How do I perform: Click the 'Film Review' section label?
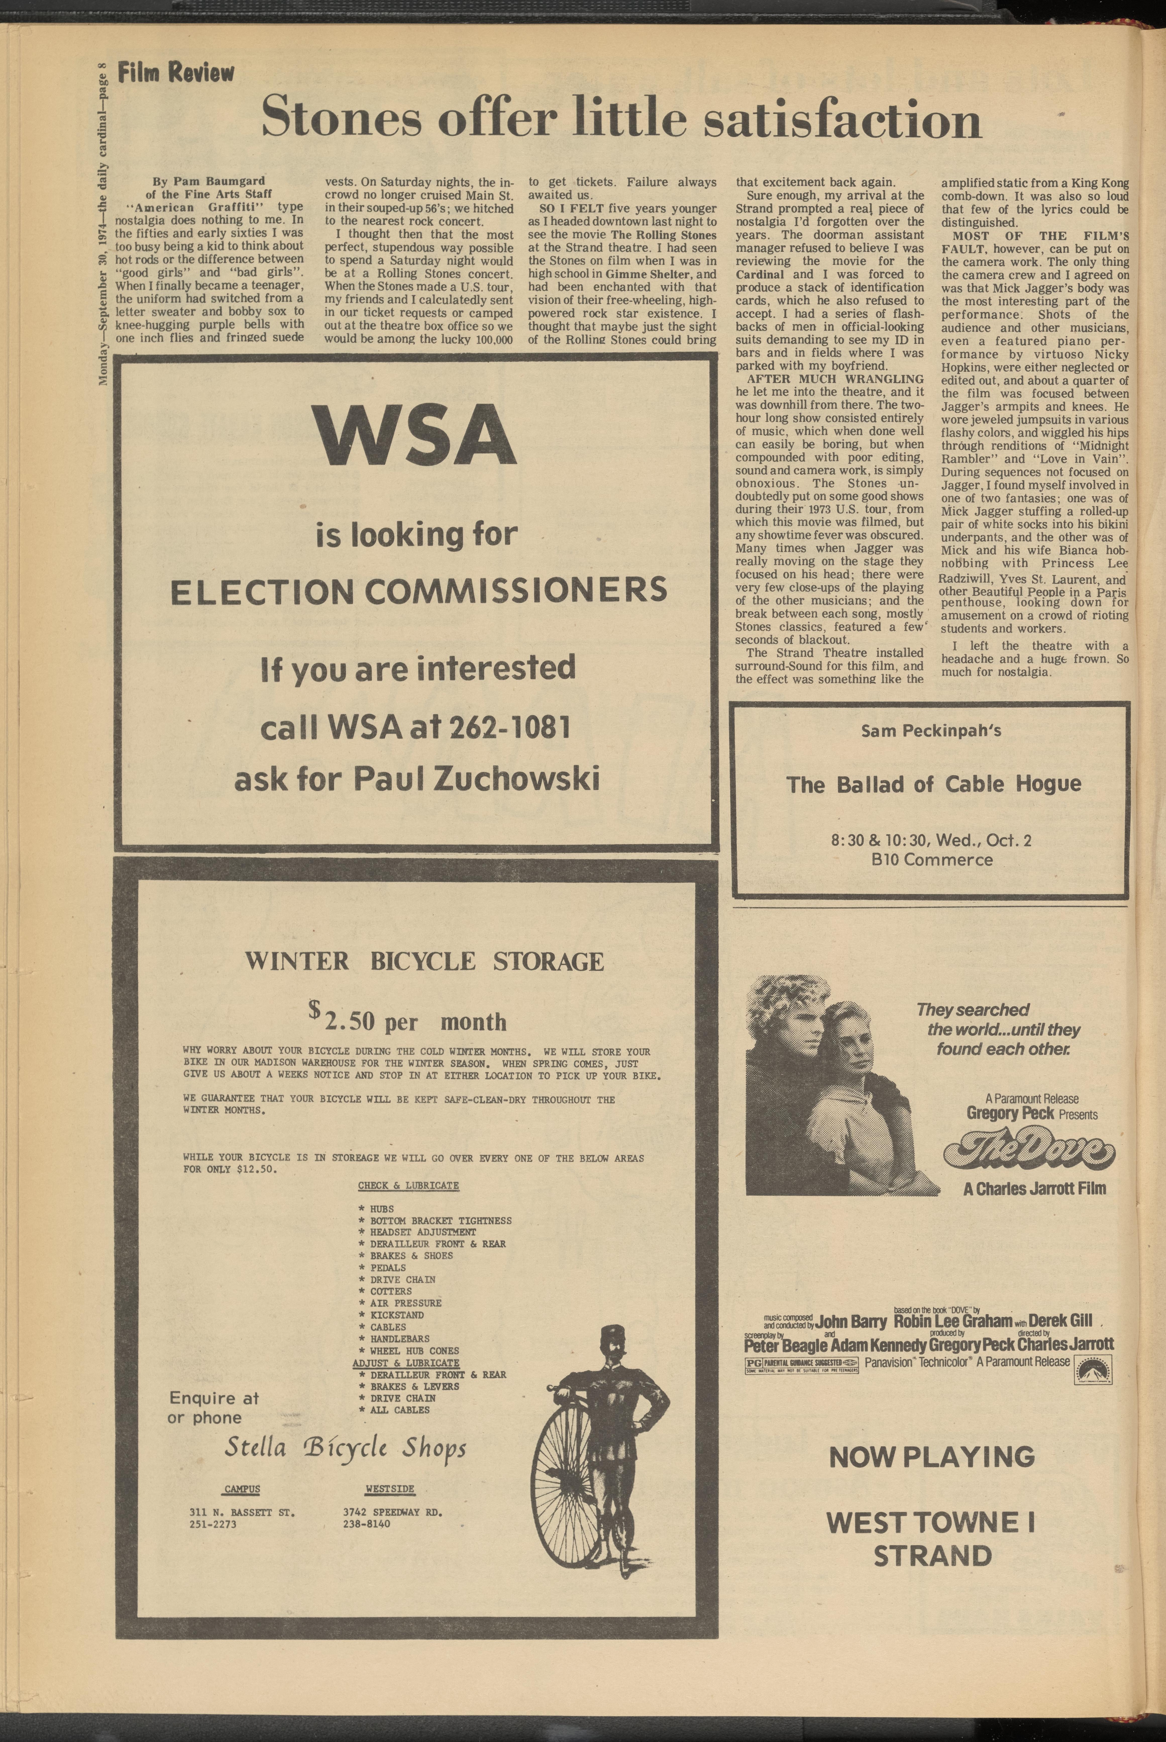pos(176,73)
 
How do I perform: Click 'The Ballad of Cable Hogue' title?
pos(933,784)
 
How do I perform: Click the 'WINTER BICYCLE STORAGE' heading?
pos(425,961)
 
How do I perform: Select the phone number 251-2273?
pos(213,1524)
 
